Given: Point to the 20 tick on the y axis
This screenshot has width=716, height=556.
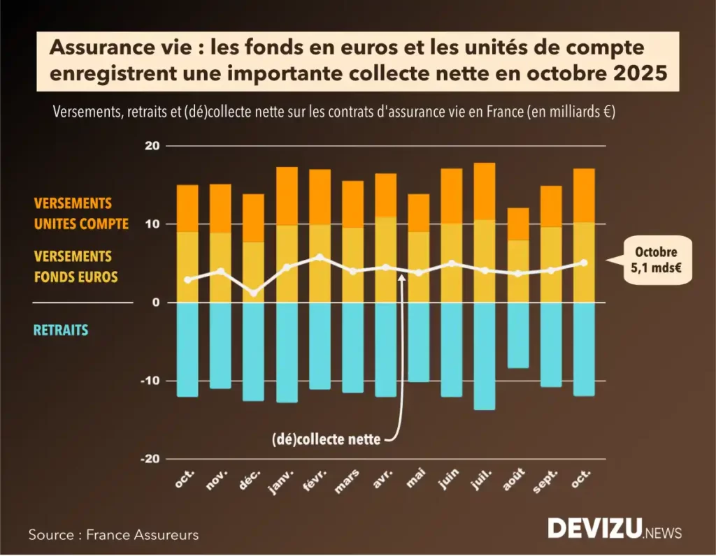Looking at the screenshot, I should (152, 146).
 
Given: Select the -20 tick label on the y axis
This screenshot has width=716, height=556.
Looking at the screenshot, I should (150, 459).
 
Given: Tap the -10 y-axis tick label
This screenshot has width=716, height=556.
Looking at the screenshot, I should (150, 381).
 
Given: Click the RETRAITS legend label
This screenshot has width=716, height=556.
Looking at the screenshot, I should (62, 330).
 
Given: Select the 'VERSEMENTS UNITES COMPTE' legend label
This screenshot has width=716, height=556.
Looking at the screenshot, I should (81, 214).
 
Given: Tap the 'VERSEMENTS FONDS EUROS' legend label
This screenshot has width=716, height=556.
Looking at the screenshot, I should (76, 267).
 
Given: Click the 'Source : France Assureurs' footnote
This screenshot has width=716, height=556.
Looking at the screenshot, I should (113, 535).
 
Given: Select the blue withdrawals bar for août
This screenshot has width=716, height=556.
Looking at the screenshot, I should (518, 335).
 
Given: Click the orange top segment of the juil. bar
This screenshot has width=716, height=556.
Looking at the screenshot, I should (485, 191).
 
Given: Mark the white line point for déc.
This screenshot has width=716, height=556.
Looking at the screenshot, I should (254, 293).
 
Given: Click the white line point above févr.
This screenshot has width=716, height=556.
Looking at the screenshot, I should (320, 257).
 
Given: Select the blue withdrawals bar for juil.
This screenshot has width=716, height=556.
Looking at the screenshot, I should (485, 356).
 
